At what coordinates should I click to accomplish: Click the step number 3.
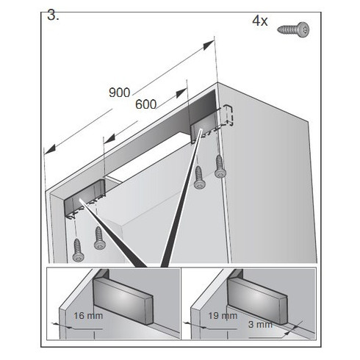pos(53,16)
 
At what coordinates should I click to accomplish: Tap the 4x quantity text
pos(260,21)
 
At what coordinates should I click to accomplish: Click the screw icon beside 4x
pos(293,29)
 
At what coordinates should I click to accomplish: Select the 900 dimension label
pos(119,93)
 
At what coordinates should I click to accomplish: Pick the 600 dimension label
pos(145,104)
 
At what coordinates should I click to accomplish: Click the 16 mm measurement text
pos(88,316)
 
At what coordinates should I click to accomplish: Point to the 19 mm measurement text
pos(223,316)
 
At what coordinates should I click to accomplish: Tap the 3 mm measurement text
pos(260,325)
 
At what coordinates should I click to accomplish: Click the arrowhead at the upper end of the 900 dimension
pos(209,45)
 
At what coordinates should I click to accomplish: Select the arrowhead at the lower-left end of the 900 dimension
pos(50,149)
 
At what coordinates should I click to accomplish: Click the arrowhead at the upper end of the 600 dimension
pos(181,93)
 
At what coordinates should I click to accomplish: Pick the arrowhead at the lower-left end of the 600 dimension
pos(109,138)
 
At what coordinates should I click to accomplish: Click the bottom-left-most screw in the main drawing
pos(78,250)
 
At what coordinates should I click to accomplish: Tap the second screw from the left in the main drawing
pos(100,238)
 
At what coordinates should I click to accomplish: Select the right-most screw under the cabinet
pos(220,166)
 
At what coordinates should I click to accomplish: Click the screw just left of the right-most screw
pos(200,177)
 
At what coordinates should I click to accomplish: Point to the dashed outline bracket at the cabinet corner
pos(227,115)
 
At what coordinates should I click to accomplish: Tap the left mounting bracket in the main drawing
pos(84,198)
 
